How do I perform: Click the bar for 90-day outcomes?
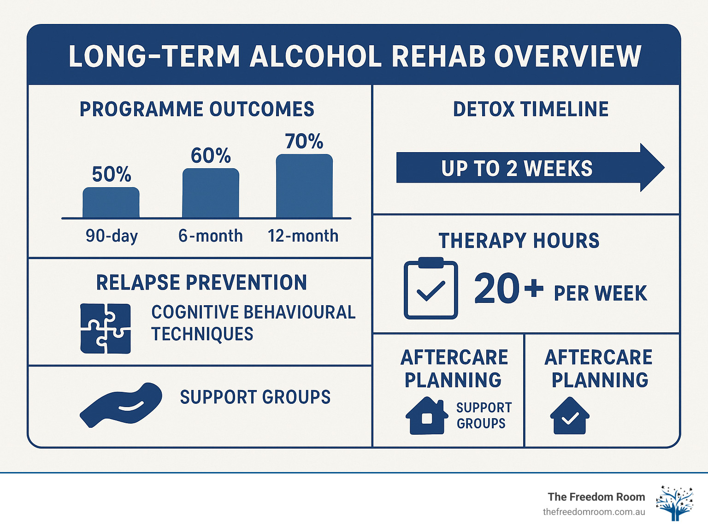(x=111, y=202)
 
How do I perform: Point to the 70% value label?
(x=304, y=142)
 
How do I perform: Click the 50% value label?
(x=112, y=174)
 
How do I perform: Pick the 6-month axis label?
(x=211, y=236)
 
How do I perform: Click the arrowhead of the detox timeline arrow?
(x=651, y=168)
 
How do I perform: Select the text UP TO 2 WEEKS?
(x=517, y=169)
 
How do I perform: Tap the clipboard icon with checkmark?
(x=431, y=289)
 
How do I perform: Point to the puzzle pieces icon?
(x=106, y=328)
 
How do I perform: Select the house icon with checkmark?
(x=570, y=416)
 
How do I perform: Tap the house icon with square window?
(x=427, y=416)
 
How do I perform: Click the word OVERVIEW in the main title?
(x=567, y=56)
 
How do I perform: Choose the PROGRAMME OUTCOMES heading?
(x=197, y=110)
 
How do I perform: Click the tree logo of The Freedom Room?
(x=675, y=503)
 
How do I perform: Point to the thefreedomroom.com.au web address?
(x=594, y=512)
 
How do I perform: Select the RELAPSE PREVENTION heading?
(x=201, y=283)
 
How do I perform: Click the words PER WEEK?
(x=600, y=294)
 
